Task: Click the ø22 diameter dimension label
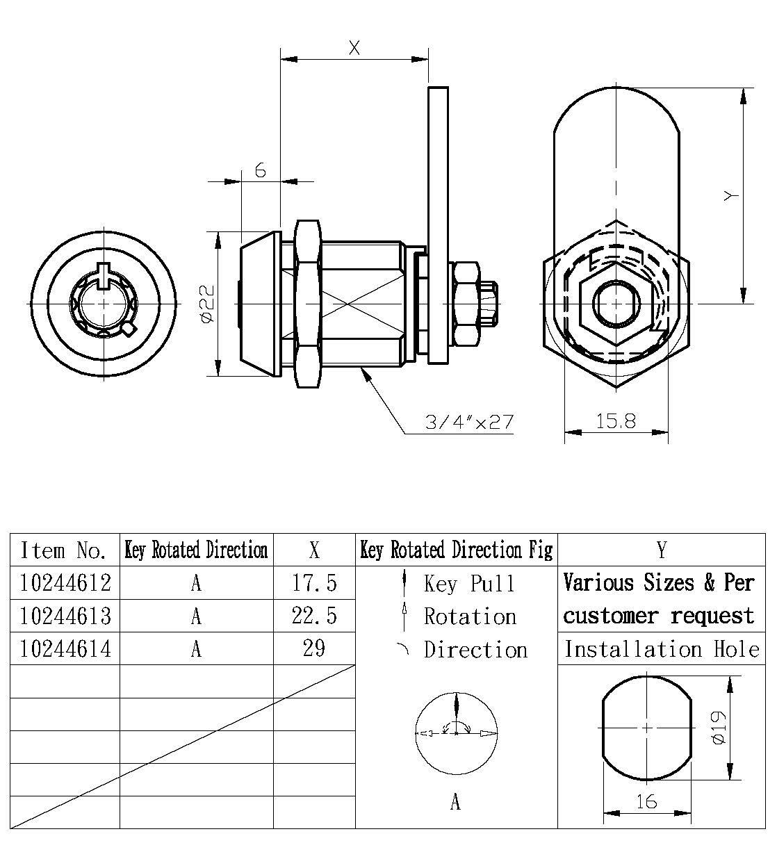click(x=206, y=303)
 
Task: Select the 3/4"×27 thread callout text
click(x=470, y=422)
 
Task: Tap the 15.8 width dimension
click(x=615, y=421)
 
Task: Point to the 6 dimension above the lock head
click(x=261, y=170)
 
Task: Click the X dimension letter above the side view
click(x=354, y=48)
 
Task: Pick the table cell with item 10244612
click(x=65, y=582)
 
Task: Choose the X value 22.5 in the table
click(x=314, y=616)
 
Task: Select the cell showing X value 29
click(x=314, y=648)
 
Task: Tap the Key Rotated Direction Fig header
click(x=457, y=550)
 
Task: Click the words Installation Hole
click(x=661, y=649)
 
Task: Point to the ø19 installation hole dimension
click(x=719, y=728)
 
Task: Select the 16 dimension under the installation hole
click(x=646, y=801)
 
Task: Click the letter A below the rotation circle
click(x=455, y=803)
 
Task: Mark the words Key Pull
click(x=469, y=583)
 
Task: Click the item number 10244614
click(x=65, y=648)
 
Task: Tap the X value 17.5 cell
click(x=314, y=582)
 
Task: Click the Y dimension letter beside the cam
click(x=729, y=197)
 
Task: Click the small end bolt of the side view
click(x=491, y=304)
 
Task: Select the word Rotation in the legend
click(x=470, y=616)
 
